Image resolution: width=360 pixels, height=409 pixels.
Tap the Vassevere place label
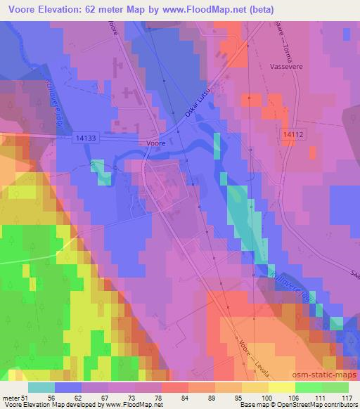(x=286, y=62)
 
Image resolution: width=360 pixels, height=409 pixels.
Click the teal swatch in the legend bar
(x=41, y=387)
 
